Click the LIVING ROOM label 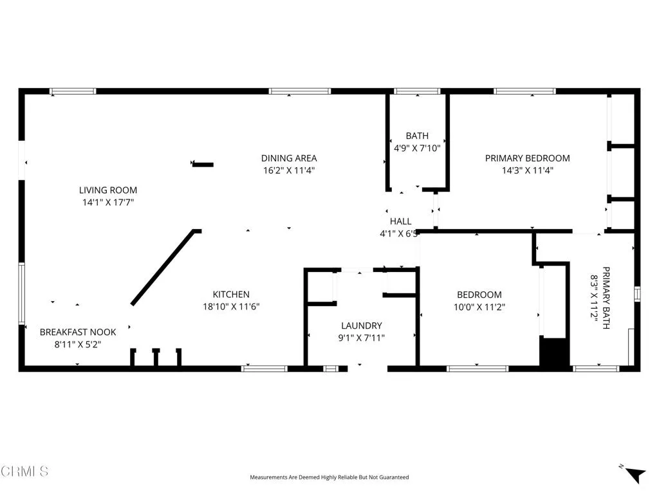108,190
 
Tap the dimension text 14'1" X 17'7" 108,203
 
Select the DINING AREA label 289,158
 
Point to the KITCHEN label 231,295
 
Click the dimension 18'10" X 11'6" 231,307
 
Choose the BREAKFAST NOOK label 78,332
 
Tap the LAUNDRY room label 362,325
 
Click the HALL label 400,222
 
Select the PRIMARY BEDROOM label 527,158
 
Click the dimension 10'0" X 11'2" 479,307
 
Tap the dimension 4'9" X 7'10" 417,148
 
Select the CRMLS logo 24,471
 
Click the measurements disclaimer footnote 329,477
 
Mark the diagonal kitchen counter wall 163,267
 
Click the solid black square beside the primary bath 554,352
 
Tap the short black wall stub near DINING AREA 203,165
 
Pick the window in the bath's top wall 416,91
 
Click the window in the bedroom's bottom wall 478,369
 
